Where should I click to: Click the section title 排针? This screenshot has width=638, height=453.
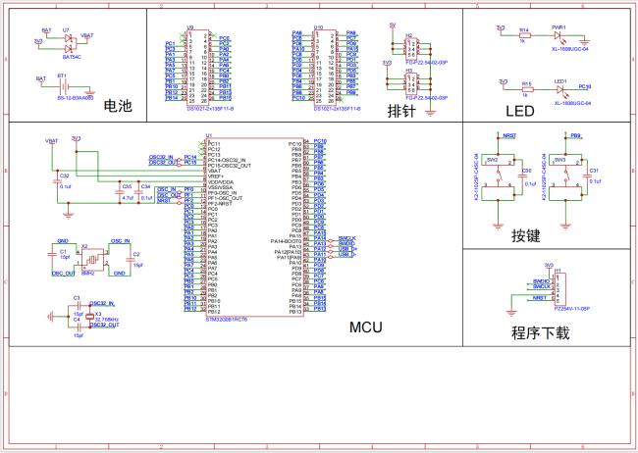[401, 110]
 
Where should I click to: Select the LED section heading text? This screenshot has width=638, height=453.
[519, 111]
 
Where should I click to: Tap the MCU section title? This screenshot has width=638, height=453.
[366, 327]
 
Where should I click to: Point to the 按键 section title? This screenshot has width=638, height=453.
[525, 235]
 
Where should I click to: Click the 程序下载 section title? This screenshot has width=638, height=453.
[539, 332]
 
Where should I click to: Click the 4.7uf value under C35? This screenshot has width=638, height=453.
[127, 197]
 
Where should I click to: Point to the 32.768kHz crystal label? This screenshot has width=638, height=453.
[106, 319]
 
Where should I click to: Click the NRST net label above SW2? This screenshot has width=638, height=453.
[509, 136]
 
